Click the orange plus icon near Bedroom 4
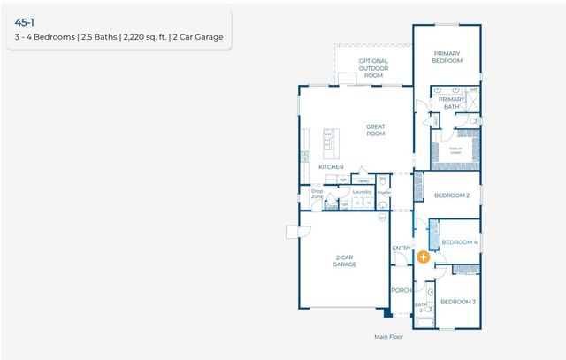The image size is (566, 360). pos(424,257)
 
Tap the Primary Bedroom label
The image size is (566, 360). pos(447,57)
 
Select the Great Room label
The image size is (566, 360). pos(376,130)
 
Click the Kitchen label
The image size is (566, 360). pos(331,166)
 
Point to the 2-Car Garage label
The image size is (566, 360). pos(344,261)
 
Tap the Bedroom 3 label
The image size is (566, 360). pos(458,302)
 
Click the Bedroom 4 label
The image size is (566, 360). pos(459,241)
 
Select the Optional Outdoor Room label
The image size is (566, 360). pos(373,68)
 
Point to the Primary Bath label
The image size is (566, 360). pos(452,103)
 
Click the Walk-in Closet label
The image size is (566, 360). pos(455,150)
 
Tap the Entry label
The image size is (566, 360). pos(402,249)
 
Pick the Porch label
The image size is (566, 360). pos(402,290)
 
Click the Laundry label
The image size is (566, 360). pos(362,191)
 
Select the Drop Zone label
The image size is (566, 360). pos(317,194)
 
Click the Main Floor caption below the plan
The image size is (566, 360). pos(388,337)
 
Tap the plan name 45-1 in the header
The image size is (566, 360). pos(26,19)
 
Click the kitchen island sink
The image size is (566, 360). pos(327,142)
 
